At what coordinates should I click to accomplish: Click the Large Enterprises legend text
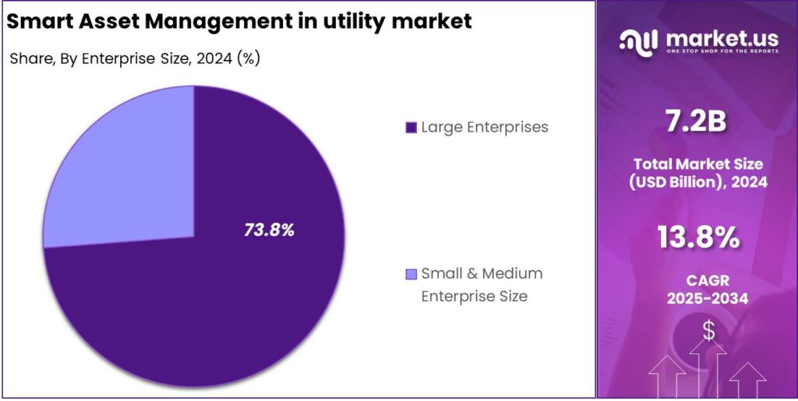point(485,127)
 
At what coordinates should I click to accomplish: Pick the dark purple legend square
point(411,128)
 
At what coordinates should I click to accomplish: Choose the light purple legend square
point(411,274)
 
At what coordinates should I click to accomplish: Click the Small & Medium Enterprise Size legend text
point(481,284)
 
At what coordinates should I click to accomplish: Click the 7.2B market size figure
point(697,121)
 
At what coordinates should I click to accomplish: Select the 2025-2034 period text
point(698,298)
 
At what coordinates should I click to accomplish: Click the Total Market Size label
point(698,164)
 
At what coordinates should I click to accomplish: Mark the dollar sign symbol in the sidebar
point(708,330)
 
